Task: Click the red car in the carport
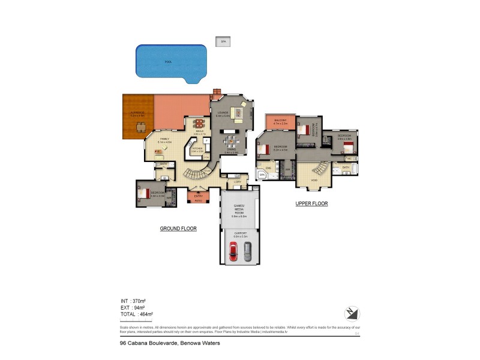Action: (x=234, y=251)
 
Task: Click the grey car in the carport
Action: (x=248, y=251)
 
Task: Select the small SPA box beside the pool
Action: (x=223, y=41)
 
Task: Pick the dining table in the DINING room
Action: (x=230, y=143)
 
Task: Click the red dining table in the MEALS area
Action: (x=199, y=125)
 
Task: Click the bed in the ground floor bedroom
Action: (x=143, y=193)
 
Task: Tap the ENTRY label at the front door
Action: (x=198, y=196)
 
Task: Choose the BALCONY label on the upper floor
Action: (x=280, y=121)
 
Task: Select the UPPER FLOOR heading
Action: (x=311, y=204)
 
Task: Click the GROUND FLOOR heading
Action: (x=178, y=229)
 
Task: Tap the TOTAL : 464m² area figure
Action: (x=137, y=314)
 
